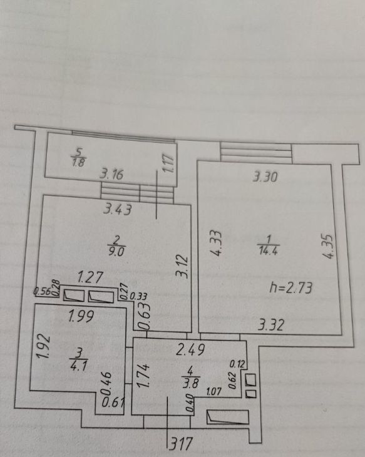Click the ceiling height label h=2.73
tap(290, 288)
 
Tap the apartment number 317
tap(182, 444)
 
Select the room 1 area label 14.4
tap(268, 250)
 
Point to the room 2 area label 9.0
tap(116, 251)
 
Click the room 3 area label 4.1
tap(79, 366)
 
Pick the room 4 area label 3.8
tap(191, 383)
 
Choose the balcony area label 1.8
tap(79, 162)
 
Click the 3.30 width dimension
tap(265, 177)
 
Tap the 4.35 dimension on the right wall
tap(329, 246)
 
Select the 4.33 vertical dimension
tap(217, 244)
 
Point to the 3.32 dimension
tap(271, 325)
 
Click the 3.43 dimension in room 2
tap(118, 209)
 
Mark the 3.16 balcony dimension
tap(111, 174)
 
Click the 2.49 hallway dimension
tap(191, 349)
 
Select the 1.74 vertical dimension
tap(143, 376)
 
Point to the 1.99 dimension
tap(81, 317)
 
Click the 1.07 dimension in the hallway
tap(214, 391)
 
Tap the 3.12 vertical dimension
tap(183, 266)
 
